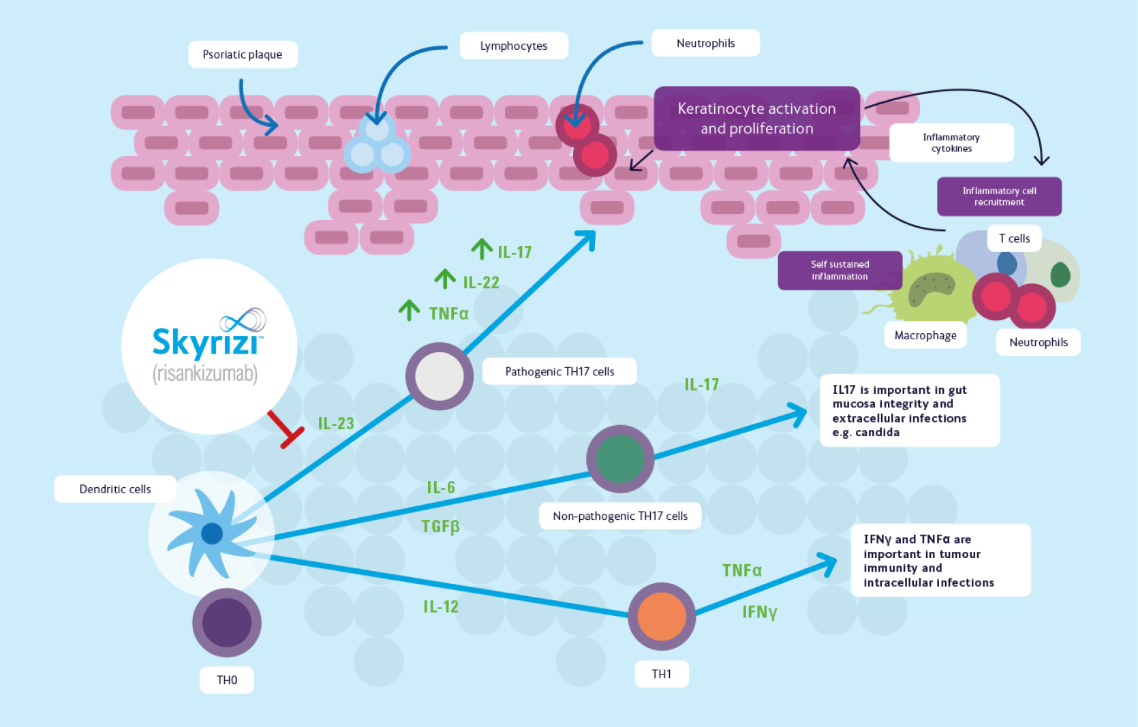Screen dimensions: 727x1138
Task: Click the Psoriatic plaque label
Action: [x=243, y=55]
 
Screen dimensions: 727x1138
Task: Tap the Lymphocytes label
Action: [x=514, y=46]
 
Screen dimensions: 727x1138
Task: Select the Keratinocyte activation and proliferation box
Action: [x=756, y=119]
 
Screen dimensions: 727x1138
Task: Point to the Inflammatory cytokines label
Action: [x=951, y=143]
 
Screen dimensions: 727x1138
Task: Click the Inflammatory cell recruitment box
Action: [x=999, y=196]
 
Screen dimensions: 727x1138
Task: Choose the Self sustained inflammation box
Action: [x=840, y=270]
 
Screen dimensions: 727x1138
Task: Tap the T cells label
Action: [x=1014, y=238]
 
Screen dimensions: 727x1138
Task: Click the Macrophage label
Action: [x=925, y=335]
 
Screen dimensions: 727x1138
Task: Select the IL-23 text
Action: [x=336, y=424]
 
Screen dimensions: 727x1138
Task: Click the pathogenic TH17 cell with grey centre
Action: [x=440, y=376]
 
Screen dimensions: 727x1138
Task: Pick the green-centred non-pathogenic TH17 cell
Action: [x=620, y=459]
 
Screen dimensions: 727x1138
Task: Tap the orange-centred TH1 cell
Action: [x=662, y=616]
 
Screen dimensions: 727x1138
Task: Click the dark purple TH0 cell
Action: [x=227, y=623]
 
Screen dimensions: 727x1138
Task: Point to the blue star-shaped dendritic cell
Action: [x=211, y=533]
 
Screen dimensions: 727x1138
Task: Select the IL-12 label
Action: [x=441, y=606]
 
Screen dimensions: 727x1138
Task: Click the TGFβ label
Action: [x=440, y=527]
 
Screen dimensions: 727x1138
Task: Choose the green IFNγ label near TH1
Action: [x=760, y=612]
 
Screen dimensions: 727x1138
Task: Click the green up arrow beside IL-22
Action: [x=445, y=279]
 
